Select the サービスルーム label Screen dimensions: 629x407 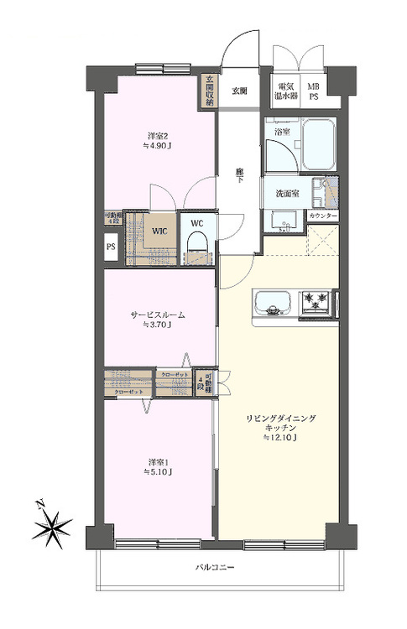[x=157, y=314]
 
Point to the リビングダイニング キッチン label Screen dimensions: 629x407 [x=280, y=423]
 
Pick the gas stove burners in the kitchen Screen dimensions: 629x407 [x=320, y=299]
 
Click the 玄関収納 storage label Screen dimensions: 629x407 [x=208, y=91]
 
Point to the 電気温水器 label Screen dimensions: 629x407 [x=286, y=91]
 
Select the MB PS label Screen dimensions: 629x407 [x=313, y=91]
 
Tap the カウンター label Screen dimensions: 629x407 [x=323, y=216]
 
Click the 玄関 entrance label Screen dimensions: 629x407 [x=240, y=91]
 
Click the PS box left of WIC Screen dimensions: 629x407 [x=110, y=247]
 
